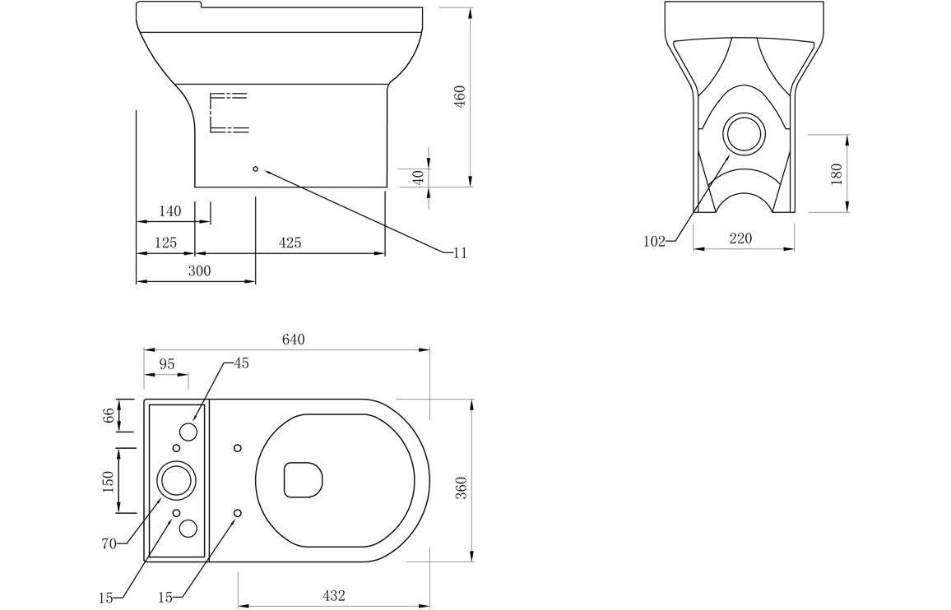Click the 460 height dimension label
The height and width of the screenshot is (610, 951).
point(460,96)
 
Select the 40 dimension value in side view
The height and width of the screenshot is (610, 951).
point(418,177)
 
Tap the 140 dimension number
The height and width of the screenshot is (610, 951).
point(169,212)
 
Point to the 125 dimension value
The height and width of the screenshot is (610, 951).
point(165,243)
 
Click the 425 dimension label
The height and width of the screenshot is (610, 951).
point(290,243)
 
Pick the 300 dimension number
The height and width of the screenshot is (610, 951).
point(199,271)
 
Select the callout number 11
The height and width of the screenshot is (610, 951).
point(460,253)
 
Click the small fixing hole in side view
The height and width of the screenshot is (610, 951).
point(255,169)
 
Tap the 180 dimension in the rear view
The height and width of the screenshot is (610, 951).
point(837,173)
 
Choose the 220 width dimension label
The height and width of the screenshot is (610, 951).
point(740,239)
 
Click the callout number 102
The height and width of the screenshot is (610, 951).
point(653,242)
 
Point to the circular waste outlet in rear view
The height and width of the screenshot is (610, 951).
point(744,134)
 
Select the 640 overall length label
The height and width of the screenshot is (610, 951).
point(293,340)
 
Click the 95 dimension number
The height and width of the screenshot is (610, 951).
point(167,364)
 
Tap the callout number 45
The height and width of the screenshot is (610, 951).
point(241,363)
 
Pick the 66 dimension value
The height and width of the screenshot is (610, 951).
point(108,415)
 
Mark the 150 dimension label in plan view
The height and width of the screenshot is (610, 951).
point(108,482)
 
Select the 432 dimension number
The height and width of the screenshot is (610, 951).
point(333,596)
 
